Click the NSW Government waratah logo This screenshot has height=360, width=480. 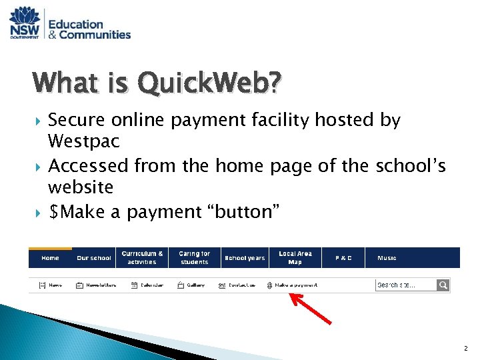pyautogui.click(x=25, y=23)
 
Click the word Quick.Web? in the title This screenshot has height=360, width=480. pyautogui.click(x=209, y=85)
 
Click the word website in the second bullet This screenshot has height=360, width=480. pyautogui.click(x=81, y=187)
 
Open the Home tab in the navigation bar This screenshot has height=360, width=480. pyautogui.click(x=50, y=258)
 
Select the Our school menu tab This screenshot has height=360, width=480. pyautogui.click(x=94, y=258)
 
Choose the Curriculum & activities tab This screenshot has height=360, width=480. pyautogui.click(x=142, y=258)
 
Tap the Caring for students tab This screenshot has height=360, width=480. pyautogui.click(x=194, y=258)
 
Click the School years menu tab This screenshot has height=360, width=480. pyautogui.click(x=245, y=258)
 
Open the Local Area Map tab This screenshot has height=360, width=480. pyautogui.click(x=295, y=258)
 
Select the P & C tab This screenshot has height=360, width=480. pyautogui.click(x=343, y=258)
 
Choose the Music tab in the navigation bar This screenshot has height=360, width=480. pyautogui.click(x=387, y=258)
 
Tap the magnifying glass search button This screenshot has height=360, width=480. pyautogui.click(x=443, y=285)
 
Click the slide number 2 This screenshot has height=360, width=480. pyautogui.click(x=466, y=349)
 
